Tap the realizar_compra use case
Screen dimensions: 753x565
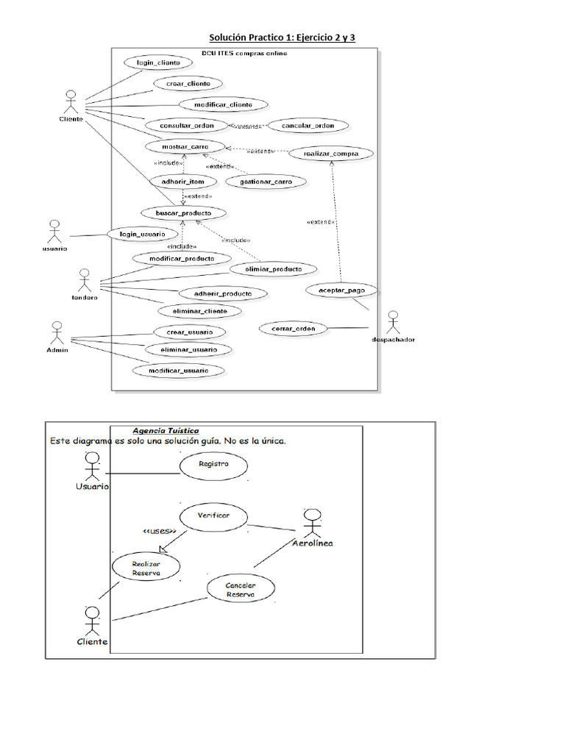tap(330, 154)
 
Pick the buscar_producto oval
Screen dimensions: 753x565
tap(183, 213)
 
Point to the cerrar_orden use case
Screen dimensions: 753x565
tap(292, 329)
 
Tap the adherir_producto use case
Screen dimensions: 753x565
tap(222, 293)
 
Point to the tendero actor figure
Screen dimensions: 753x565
tap(84, 281)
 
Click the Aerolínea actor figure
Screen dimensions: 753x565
tap(312, 523)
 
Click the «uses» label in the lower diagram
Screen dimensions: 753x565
tap(159, 531)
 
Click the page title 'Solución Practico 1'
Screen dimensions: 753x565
tap(282, 37)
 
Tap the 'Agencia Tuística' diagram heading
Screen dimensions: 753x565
tap(165, 431)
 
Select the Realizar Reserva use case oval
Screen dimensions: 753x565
tap(146, 567)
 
